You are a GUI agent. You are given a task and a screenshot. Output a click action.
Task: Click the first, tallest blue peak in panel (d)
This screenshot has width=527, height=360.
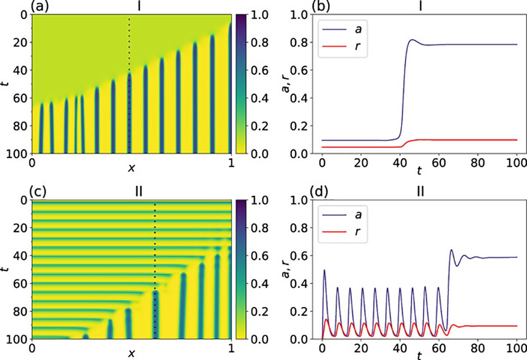point(324,270)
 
